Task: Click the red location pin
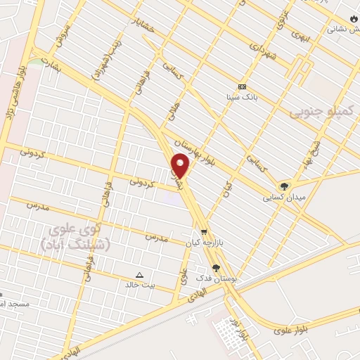tap(181, 165)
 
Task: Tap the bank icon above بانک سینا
tap(241, 86)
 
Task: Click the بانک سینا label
tap(241, 98)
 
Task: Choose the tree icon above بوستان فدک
tap(217, 268)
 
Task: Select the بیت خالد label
tap(138, 285)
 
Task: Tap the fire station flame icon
tap(353, 20)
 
